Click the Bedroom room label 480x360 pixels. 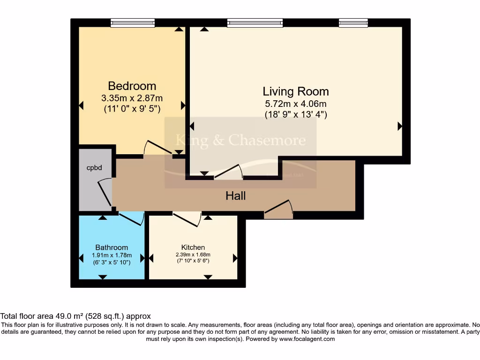pos(132,86)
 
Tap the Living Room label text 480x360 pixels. pos(295,91)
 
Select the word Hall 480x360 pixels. pos(235,196)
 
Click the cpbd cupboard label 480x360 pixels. pos(94,167)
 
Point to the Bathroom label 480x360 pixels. pos(112,247)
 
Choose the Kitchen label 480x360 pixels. pos(193,247)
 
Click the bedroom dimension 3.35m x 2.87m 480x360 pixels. pos(132,98)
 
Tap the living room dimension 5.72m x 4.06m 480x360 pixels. pos(295,104)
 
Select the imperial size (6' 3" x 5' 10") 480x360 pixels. pos(112,262)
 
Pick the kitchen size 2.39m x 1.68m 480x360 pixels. pos(193,255)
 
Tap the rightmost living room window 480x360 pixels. pos(353,22)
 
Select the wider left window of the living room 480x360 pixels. pos(255,22)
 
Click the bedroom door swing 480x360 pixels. pos(157,148)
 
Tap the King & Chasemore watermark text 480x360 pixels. pos(240,140)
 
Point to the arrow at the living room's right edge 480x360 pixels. pos(400,126)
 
